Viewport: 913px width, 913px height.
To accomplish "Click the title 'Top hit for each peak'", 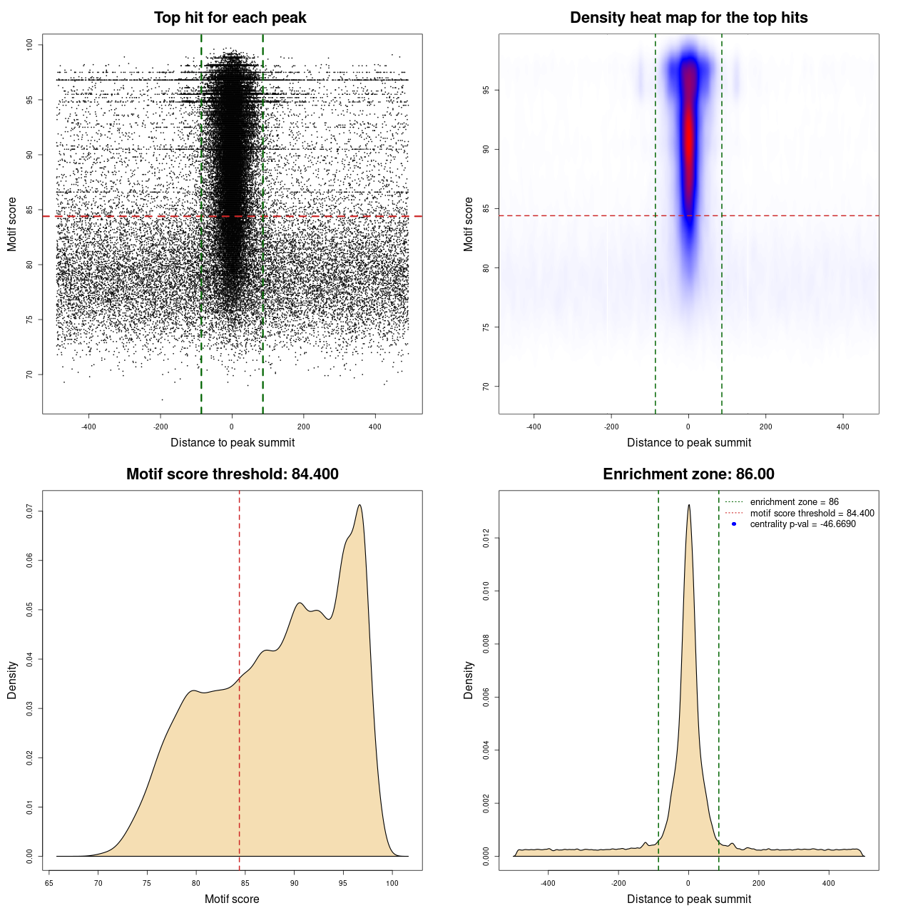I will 230,18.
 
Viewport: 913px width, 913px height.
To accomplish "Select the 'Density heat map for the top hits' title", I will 688,18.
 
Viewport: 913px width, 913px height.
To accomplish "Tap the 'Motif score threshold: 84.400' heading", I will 232,474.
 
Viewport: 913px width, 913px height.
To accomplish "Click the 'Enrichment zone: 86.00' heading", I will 688,474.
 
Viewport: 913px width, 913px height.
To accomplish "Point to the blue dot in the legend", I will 734,524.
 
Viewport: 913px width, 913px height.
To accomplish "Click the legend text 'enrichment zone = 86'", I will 794,502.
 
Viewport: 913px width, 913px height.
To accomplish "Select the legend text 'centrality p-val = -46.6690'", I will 802,524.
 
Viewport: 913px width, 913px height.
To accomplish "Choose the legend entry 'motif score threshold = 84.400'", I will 812,513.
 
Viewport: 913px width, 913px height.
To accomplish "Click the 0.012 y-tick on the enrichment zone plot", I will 486,538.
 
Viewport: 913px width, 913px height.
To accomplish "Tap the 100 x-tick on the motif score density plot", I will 392,883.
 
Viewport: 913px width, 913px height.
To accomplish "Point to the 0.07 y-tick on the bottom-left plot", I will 29,511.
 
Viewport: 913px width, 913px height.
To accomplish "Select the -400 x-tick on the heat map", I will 534,427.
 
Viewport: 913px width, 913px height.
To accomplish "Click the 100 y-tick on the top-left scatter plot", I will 29,45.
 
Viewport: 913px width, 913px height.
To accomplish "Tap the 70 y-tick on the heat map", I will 486,387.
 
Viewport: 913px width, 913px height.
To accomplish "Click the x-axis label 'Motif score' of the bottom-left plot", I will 232,899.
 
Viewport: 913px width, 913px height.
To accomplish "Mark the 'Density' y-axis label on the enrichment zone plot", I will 469,680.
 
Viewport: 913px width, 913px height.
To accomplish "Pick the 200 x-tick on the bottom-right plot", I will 758,883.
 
